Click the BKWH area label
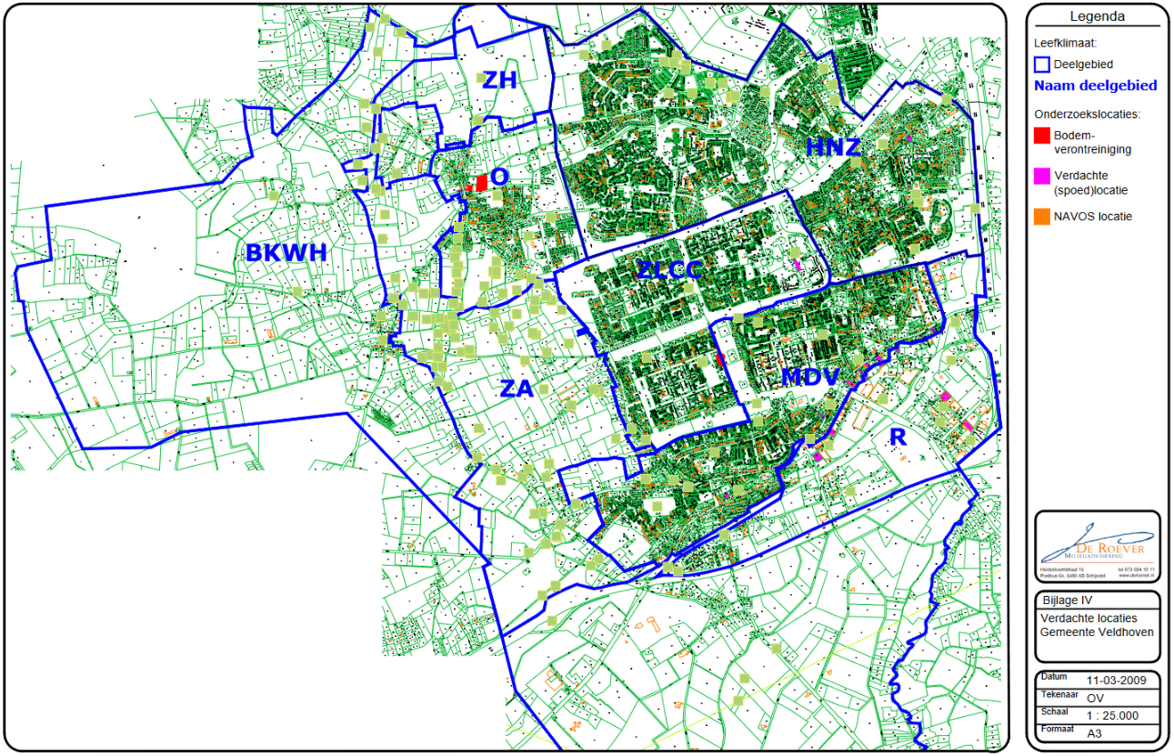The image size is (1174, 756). click(286, 253)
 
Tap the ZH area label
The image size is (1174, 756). click(499, 80)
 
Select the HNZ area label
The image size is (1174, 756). click(833, 146)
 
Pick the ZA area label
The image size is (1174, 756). click(517, 389)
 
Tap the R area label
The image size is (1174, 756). click(898, 438)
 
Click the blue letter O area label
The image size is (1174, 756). click(498, 176)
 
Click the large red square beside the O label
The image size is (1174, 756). click(482, 183)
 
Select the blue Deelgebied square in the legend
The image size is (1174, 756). click(1042, 65)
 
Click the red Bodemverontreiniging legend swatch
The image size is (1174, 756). click(1042, 135)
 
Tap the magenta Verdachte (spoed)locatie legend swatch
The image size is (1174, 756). click(1042, 176)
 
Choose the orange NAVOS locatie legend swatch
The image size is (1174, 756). click(1042, 217)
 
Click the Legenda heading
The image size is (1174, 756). click(1097, 16)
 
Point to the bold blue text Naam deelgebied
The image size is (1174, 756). click(1096, 86)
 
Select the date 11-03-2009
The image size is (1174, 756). click(1116, 680)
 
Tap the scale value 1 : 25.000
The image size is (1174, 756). click(1112, 715)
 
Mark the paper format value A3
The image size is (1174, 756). click(1095, 732)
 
